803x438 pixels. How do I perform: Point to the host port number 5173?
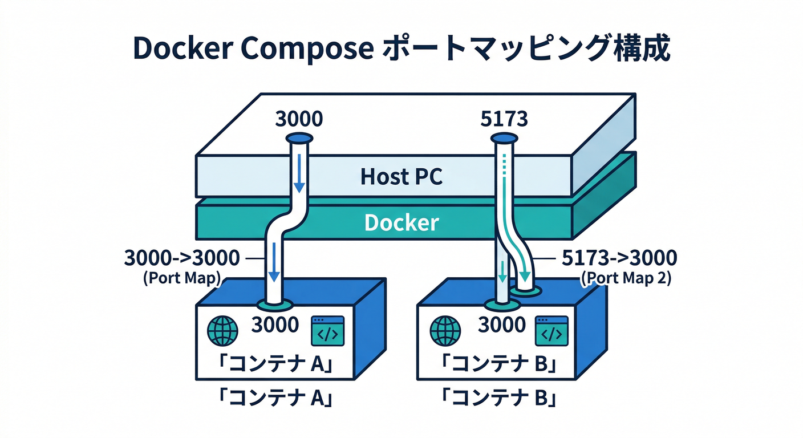(505, 119)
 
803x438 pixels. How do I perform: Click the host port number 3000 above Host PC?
(299, 119)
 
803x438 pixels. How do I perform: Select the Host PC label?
(401, 177)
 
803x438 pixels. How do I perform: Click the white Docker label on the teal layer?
(401, 222)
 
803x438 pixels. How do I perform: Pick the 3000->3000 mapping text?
(182, 258)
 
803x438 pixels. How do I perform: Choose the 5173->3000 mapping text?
(619, 258)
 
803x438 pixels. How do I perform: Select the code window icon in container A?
(327, 331)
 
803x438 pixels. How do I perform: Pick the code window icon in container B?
(551, 331)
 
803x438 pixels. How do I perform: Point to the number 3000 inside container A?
(275, 325)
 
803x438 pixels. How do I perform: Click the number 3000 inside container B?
(501, 325)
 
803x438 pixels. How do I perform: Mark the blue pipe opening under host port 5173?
(504, 138)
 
